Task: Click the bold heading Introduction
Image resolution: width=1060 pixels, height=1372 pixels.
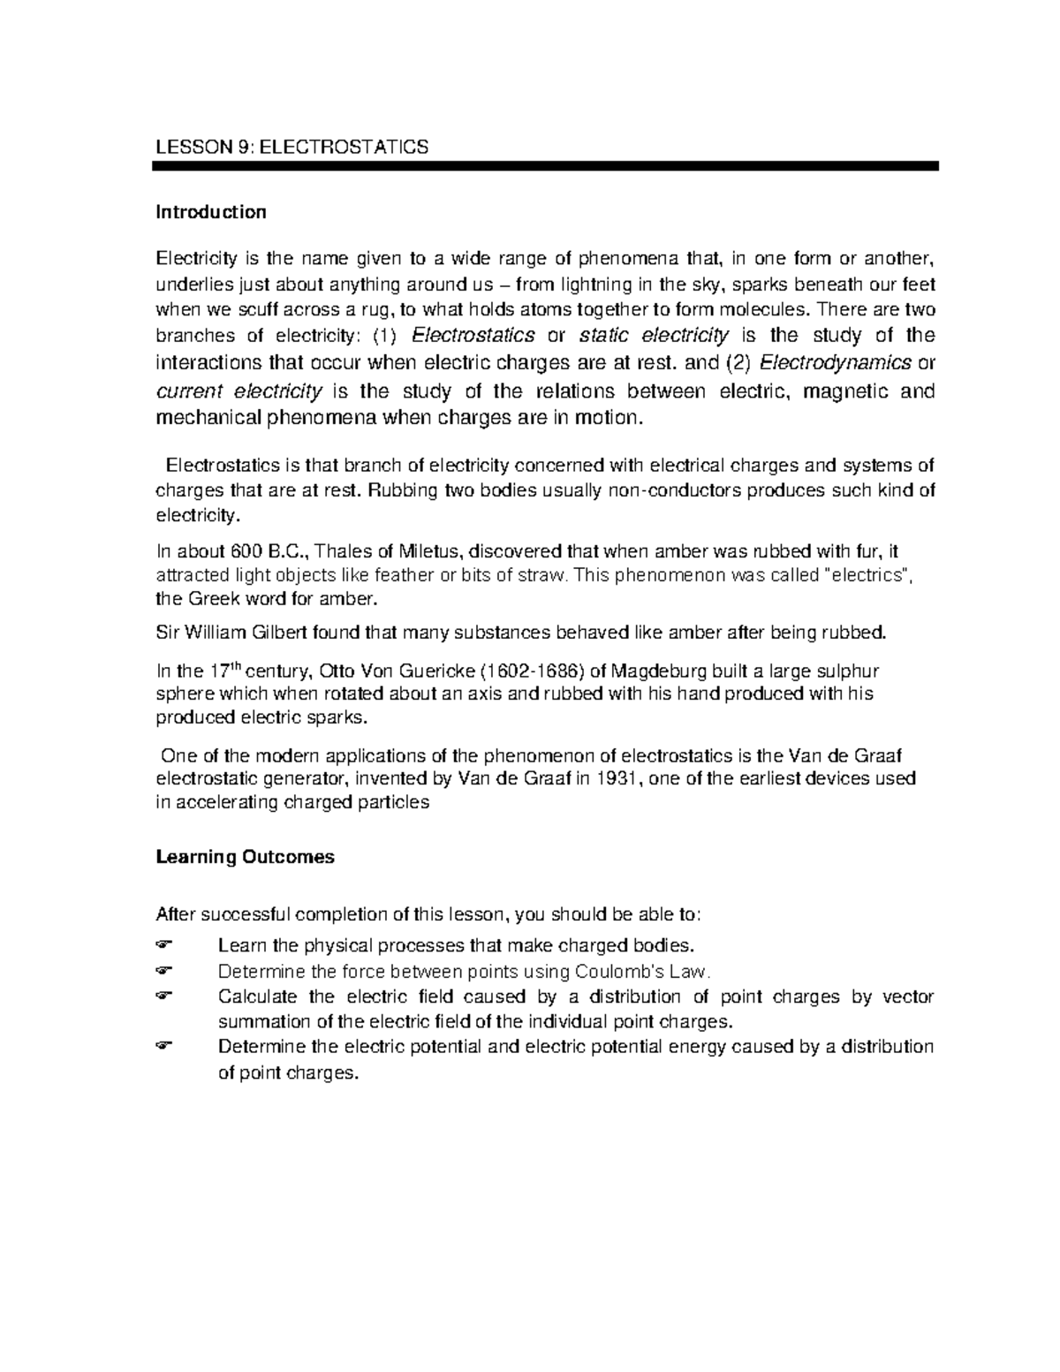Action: tap(210, 212)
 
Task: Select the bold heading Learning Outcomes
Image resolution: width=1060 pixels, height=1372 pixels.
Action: tap(245, 857)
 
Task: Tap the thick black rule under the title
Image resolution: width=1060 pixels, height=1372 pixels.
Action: tap(546, 166)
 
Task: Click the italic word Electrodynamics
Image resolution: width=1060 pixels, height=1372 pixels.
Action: tap(836, 363)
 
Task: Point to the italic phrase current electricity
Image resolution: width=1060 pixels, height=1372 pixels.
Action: tap(239, 391)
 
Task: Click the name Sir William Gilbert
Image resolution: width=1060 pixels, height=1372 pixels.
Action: tap(237, 633)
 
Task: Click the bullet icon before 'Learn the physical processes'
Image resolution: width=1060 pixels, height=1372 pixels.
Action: tap(166, 946)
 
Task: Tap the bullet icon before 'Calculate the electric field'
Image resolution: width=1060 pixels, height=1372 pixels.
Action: tap(166, 997)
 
